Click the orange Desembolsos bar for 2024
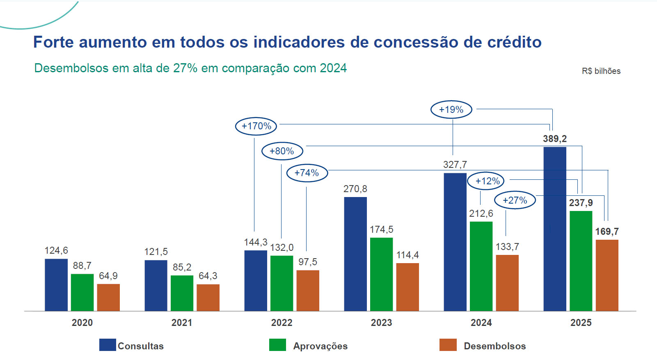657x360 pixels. [507, 283]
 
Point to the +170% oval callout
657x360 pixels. [256, 126]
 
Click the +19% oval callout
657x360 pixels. [451, 110]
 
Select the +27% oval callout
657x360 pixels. [515, 200]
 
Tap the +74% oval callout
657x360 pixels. [307, 173]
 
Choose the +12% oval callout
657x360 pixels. [488, 181]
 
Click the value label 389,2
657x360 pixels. [554, 139]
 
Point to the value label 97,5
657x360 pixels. [307, 262]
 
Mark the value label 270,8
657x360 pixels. [355, 189]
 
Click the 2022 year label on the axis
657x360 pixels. [282, 323]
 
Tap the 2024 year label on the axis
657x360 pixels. [481, 323]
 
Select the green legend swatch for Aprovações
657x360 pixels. [277, 345]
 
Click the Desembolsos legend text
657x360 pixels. [494, 346]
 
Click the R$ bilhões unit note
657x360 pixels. [601, 71]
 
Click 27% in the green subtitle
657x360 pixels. [185, 68]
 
